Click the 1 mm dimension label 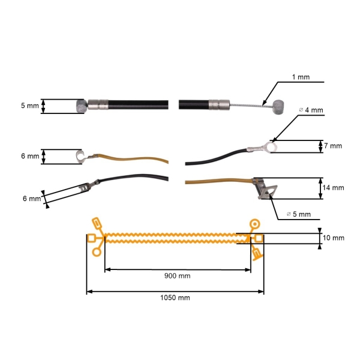(301, 77)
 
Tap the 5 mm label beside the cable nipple (30, 106)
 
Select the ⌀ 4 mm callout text (311, 110)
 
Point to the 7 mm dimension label (333, 146)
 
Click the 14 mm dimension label (333, 188)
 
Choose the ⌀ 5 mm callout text (299, 214)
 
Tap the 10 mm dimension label (334, 238)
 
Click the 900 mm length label (177, 276)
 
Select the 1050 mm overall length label (175, 298)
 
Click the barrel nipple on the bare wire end (278, 107)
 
